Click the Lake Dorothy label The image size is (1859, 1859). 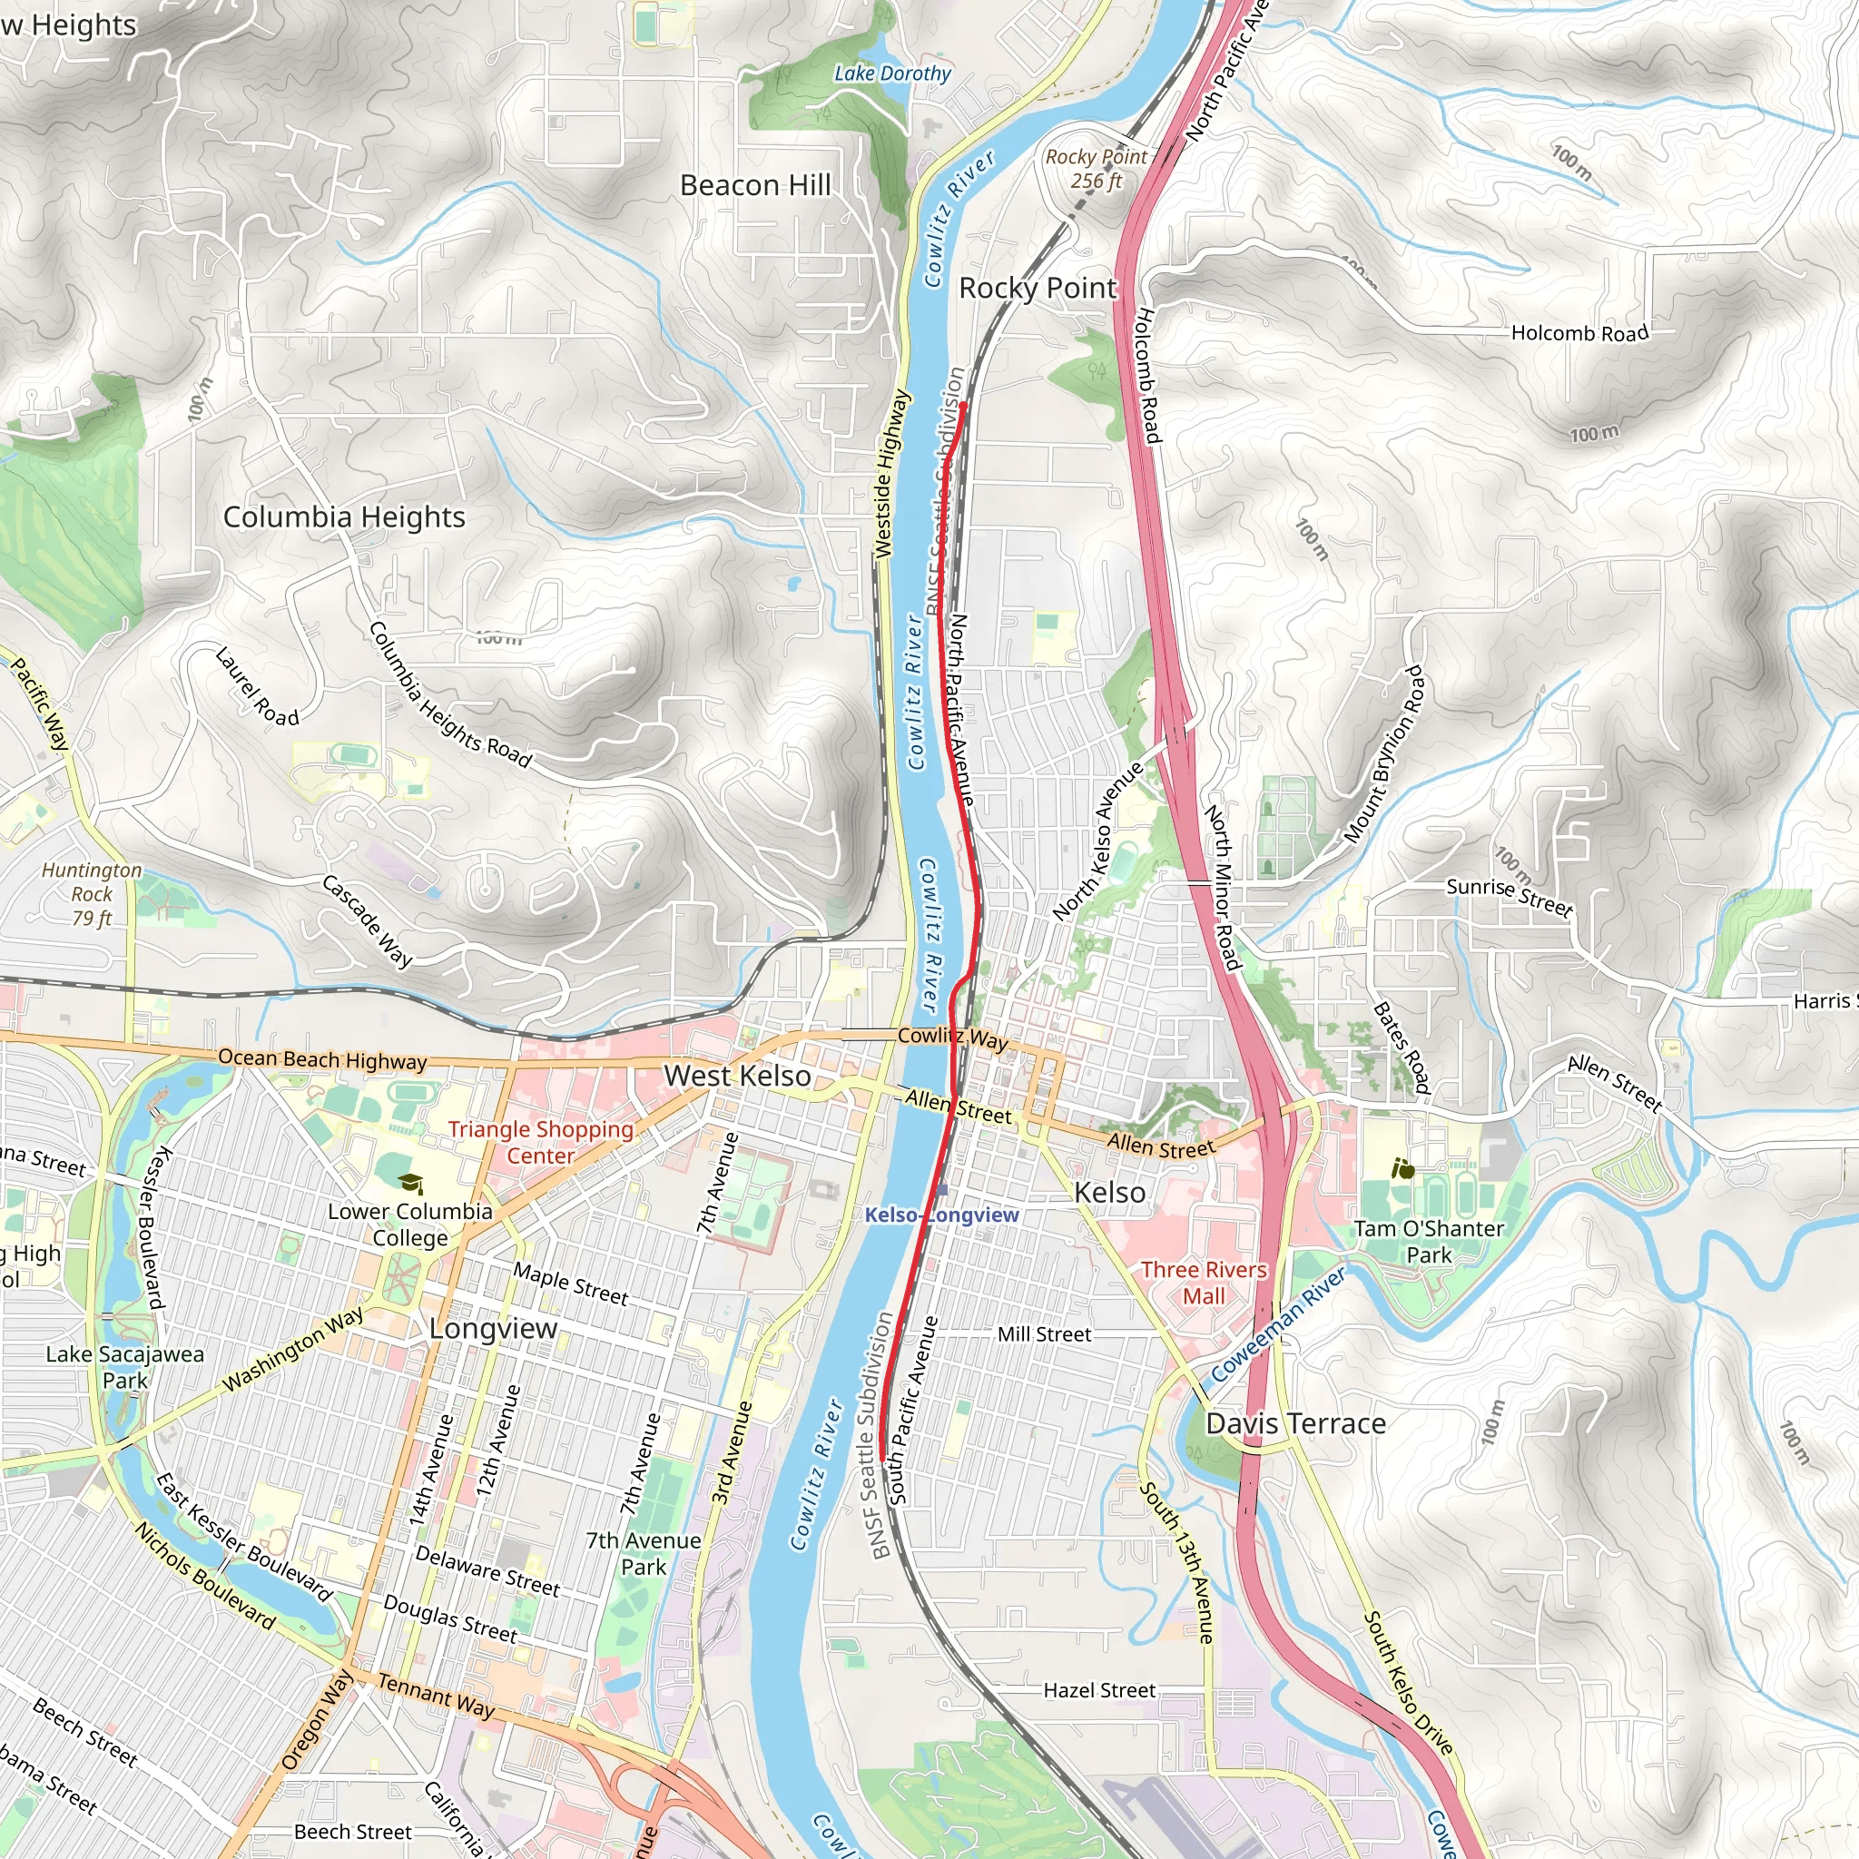pyautogui.click(x=892, y=74)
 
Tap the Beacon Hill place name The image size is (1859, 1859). pyautogui.click(x=755, y=185)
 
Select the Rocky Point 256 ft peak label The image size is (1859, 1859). pyautogui.click(x=1096, y=169)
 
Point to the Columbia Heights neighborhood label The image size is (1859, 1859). pyautogui.click(x=344, y=516)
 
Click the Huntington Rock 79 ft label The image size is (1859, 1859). pyautogui.click(x=92, y=894)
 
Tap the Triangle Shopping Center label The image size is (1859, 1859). pyautogui.click(x=541, y=1142)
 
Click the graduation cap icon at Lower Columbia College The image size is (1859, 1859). pyautogui.click(x=411, y=1183)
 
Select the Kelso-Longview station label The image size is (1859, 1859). pyautogui.click(x=941, y=1215)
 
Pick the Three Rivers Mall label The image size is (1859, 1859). pyautogui.click(x=1204, y=1283)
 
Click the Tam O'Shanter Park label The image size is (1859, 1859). pyautogui.click(x=1429, y=1241)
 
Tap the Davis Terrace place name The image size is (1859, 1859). pyautogui.click(x=1296, y=1424)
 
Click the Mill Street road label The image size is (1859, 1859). pyautogui.click(x=1044, y=1334)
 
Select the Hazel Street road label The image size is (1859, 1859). pyautogui.click(x=1100, y=1690)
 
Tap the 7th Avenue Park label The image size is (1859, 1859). pyautogui.click(x=644, y=1554)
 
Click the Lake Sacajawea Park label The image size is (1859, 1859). pyautogui.click(x=125, y=1367)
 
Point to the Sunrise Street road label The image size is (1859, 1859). pyautogui.click(x=1510, y=897)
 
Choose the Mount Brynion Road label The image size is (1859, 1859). pyautogui.click(x=1384, y=754)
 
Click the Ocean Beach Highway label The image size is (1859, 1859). pyautogui.click(x=322, y=1059)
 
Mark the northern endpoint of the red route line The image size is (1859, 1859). pyautogui.click(x=962, y=406)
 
